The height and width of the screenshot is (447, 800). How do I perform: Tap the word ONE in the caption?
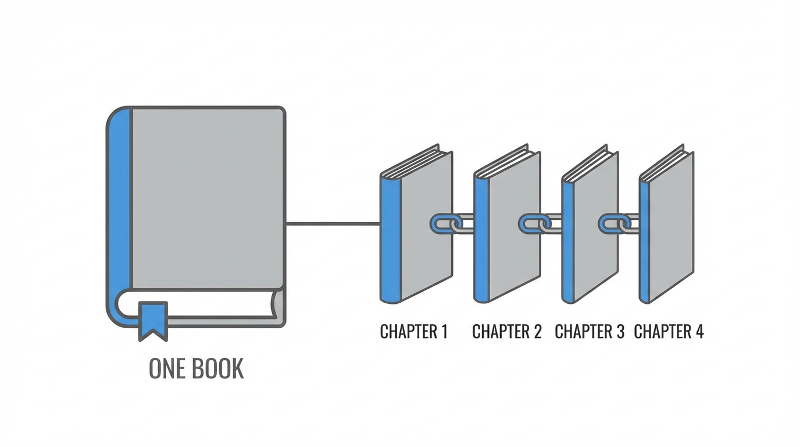click(x=166, y=369)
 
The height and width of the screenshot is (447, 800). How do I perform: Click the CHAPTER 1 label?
click(x=413, y=332)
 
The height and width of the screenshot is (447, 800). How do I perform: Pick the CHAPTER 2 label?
click(x=506, y=332)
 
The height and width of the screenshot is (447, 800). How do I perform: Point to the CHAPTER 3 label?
click(x=589, y=332)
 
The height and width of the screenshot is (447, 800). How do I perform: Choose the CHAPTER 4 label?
click(x=669, y=332)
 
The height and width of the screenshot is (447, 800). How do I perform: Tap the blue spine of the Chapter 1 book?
click(x=390, y=239)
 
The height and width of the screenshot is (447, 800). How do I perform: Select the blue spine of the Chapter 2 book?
click(x=481, y=239)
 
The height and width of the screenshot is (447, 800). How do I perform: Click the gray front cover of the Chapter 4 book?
click(x=671, y=227)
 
